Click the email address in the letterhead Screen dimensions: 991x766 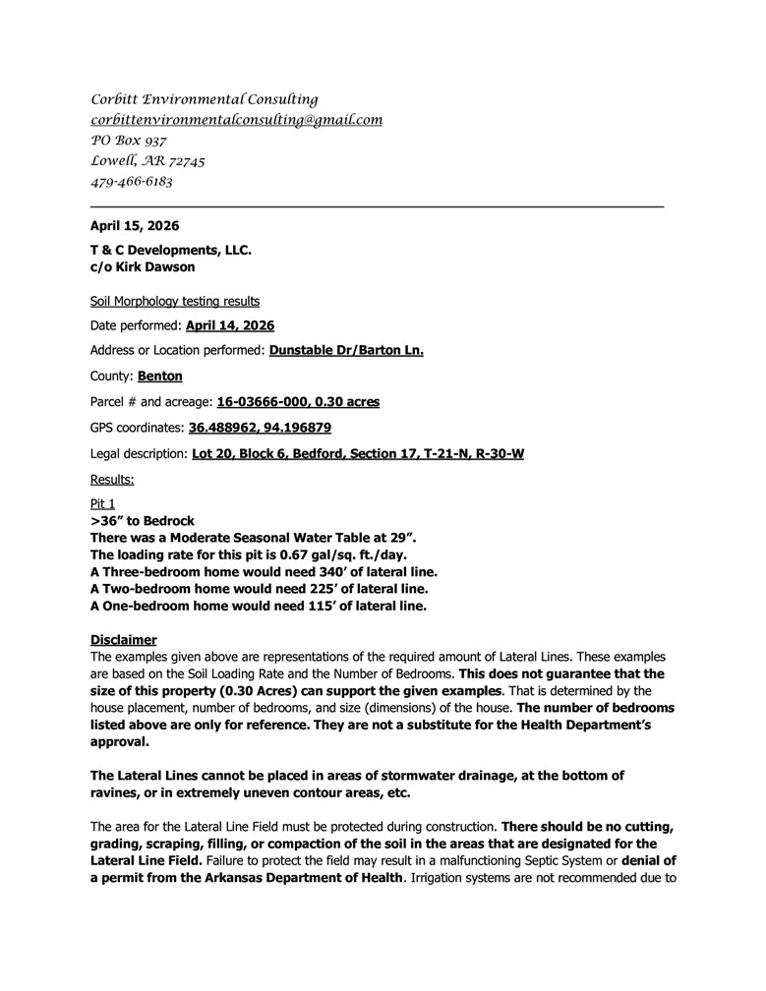(x=236, y=120)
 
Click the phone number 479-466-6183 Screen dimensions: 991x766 (x=132, y=182)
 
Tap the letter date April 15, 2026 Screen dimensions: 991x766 (x=135, y=226)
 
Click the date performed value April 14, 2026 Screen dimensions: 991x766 (x=230, y=325)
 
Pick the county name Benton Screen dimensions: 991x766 (x=159, y=377)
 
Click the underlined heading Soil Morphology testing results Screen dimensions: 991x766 (x=175, y=301)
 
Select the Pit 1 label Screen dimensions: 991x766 (x=102, y=503)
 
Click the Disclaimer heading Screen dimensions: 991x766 (x=123, y=639)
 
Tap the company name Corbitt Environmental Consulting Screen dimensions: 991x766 (x=205, y=99)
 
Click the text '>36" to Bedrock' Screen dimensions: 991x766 (x=143, y=520)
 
